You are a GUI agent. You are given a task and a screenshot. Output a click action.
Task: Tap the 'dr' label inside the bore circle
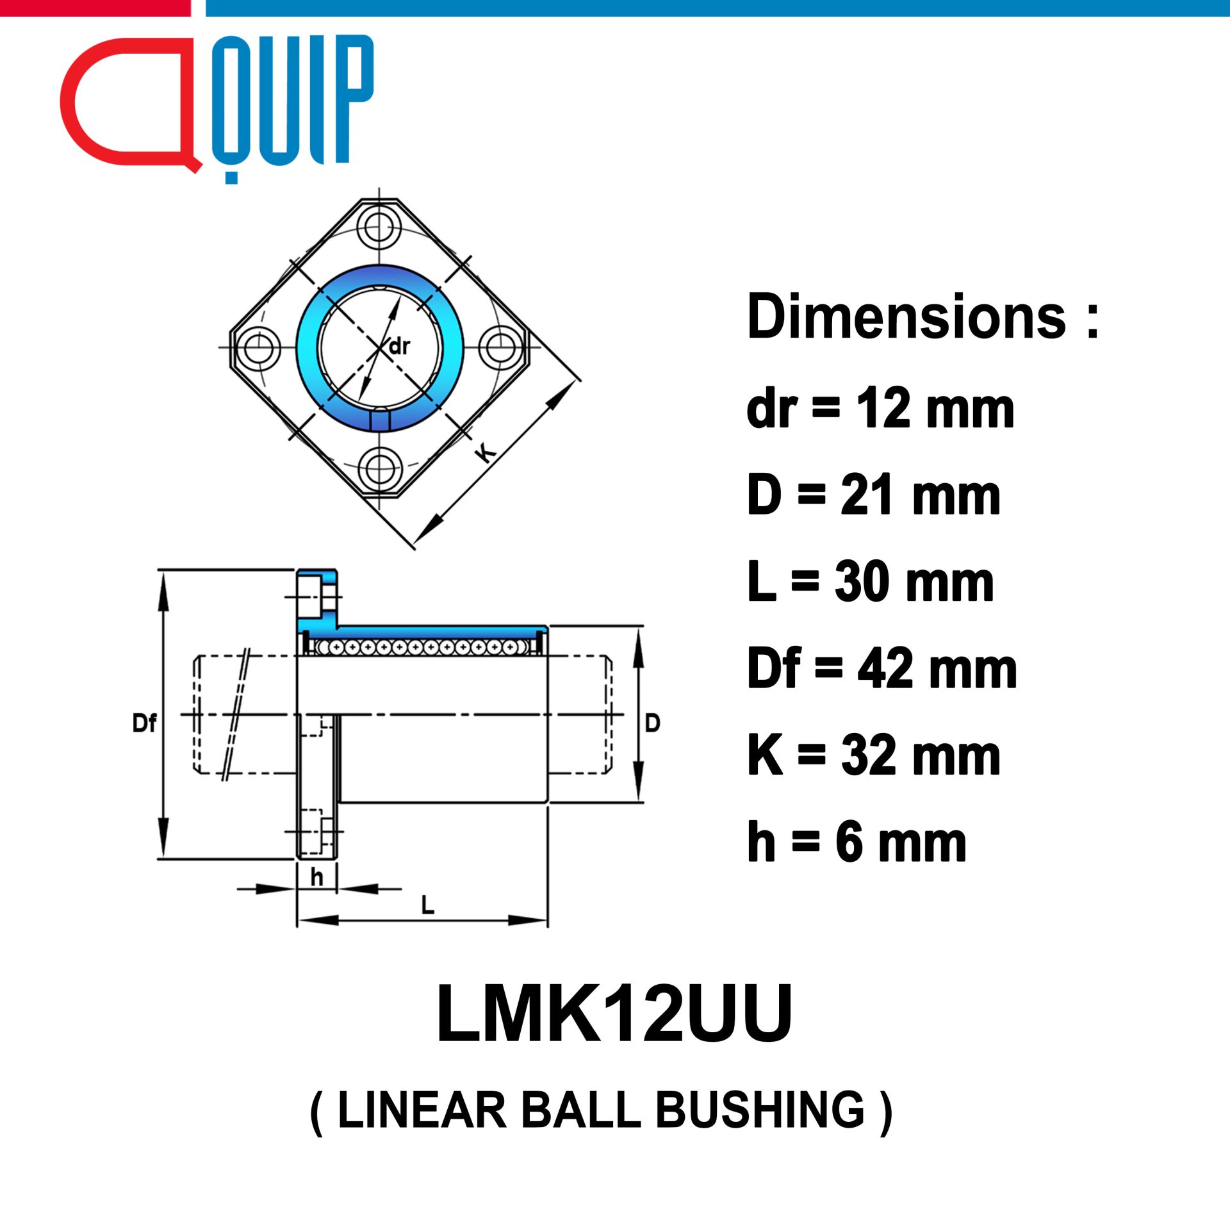(x=399, y=347)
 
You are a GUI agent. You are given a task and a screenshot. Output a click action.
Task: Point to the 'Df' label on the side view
(x=144, y=723)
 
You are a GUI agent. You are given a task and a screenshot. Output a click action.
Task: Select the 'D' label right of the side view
(x=652, y=723)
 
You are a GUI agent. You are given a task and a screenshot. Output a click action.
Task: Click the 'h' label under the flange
(x=316, y=876)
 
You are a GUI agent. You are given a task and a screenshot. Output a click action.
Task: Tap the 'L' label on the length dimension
(x=427, y=905)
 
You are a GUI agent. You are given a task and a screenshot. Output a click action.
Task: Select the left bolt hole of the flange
(x=259, y=347)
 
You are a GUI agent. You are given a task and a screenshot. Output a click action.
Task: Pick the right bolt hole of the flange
(x=500, y=347)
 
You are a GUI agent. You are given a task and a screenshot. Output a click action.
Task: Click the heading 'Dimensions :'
(x=923, y=317)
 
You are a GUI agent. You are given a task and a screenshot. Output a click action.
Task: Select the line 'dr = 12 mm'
(x=881, y=408)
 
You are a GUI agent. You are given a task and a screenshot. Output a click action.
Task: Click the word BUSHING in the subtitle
(x=760, y=1109)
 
